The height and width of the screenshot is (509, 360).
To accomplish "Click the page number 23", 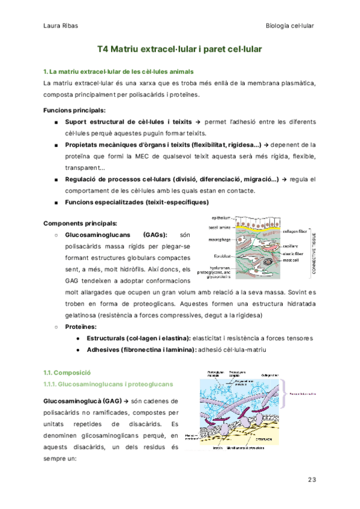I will [x=311, y=480].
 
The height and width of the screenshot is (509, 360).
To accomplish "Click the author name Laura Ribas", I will [x=60, y=25].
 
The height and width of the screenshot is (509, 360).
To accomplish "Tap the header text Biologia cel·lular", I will [x=290, y=25].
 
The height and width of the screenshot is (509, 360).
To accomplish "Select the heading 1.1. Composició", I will [x=67, y=373].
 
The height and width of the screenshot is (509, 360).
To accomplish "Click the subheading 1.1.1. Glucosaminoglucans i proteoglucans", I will [x=108, y=384].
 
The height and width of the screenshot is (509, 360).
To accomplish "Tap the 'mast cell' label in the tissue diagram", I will [x=290, y=260].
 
